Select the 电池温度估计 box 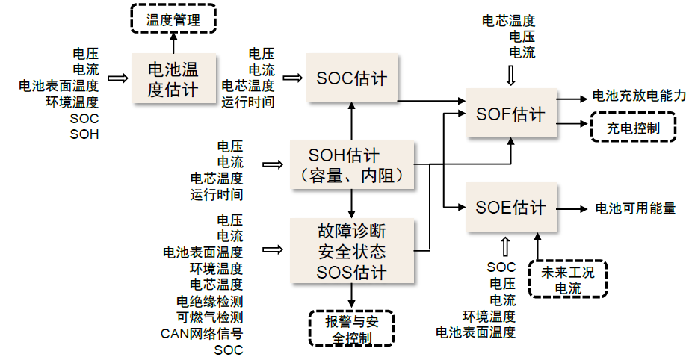(173, 79)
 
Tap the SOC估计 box (351, 78)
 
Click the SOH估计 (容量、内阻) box (350, 166)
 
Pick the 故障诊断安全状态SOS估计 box (350, 250)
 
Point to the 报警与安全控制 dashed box (350, 329)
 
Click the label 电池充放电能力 (639, 96)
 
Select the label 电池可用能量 (634, 208)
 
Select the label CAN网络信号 (202, 333)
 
